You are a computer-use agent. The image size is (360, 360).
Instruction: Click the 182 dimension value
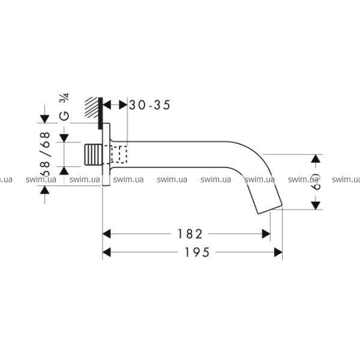(x=190, y=234)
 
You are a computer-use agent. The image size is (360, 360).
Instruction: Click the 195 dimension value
(x=197, y=253)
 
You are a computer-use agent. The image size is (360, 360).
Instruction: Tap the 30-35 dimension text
(x=149, y=105)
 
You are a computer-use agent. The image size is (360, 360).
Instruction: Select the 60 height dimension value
(x=316, y=182)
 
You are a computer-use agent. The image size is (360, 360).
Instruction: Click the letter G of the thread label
(x=64, y=116)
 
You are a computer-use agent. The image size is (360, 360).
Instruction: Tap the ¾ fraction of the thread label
(x=65, y=98)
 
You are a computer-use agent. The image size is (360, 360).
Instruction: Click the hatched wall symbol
(x=91, y=107)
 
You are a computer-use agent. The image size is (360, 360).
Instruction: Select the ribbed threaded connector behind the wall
(x=94, y=155)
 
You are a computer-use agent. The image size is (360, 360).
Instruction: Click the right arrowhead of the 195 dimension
(x=278, y=253)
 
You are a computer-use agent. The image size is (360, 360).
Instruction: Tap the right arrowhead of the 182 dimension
(x=266, y=234)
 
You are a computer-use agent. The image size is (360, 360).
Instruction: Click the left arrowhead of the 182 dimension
(x=107, y=234)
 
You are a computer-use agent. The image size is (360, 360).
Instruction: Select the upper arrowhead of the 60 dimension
(x=316, y=158)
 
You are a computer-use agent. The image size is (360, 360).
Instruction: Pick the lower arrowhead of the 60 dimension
(x=316, y=205)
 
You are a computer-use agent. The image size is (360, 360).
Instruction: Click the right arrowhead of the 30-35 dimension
(x=123, y=105)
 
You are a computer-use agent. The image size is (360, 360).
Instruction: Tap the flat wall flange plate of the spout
(x=106, y=154)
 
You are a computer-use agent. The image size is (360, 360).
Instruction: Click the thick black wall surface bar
(x=100, y=113)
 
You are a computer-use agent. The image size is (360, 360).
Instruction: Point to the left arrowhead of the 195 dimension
(x=107, y=253)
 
